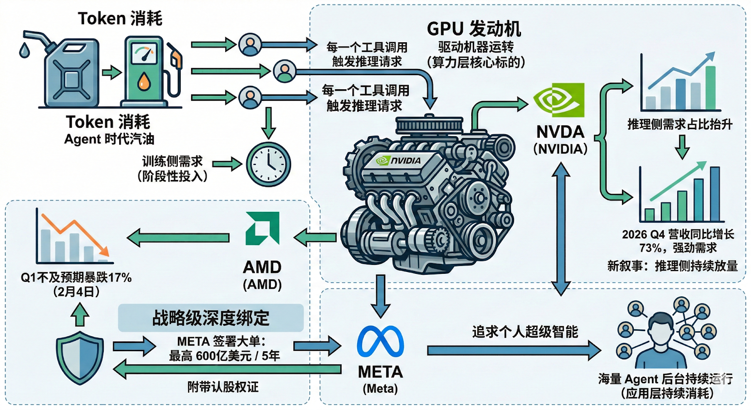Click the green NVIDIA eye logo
pyautogui.click(x=559, y=100)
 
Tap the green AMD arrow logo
pyautogui.click(x=263, y=228)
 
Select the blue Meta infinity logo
pyautogui.click(x=380, y=341)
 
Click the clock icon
pyautogui.click(x=268, y=164)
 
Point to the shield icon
pyautogui.click(x=80, y=357)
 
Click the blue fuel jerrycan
pyautogui.click(x=71, y=73)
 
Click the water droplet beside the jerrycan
pyautogui.click(x=24, y=49)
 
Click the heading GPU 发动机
pyautogui.click(x=474, y=29)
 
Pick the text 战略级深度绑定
pyautogui.click(x=211, y=318)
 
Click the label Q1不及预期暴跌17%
pyautogui.click(x=76, y=278)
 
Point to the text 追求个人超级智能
pyautogui.click(x=525, y=332)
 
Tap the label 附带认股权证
pyautogui.click(x=223, y=387)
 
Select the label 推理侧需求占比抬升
pyautogui.click(x=680, y=124)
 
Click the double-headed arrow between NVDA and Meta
pyautogui.click(x=560, y=229)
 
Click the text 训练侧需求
pyautogui.click(x=172, y=161)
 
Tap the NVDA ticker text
pyautogui.click(x=560, y=132)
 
